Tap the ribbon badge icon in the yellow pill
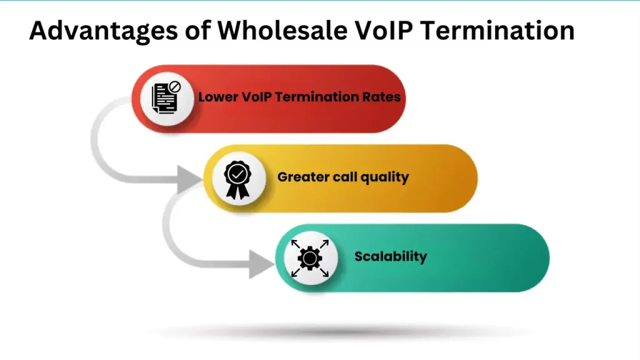click(x=237, y=179)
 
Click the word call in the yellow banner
click(x=342, y=177)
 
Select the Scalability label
click(x=391, y=256)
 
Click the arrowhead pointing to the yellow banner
click(x=190, y=179)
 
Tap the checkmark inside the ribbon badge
click(x=237, y=174)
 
